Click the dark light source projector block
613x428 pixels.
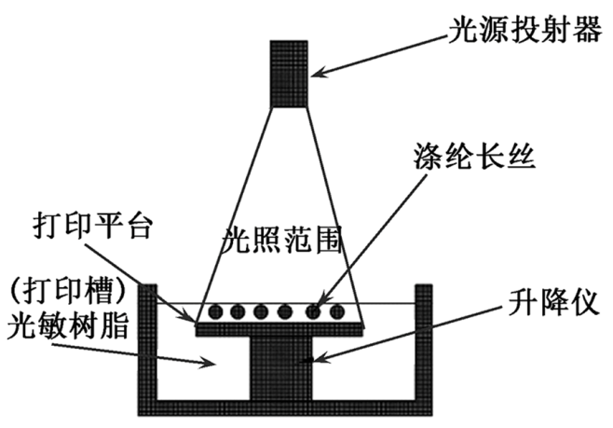(x=290, y=73)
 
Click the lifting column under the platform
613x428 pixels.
(x=280, y=368)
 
